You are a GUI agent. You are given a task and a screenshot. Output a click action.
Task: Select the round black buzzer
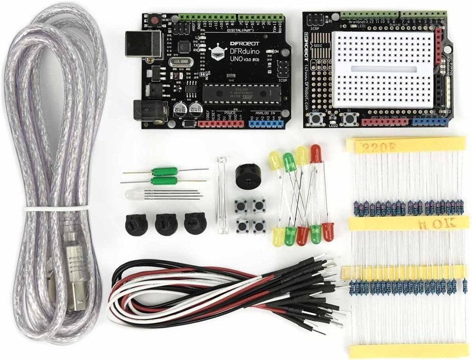pyautogui.click(x=245, y=175)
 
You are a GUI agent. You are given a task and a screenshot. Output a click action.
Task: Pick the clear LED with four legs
pyautogui.click(x=134, y=194)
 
